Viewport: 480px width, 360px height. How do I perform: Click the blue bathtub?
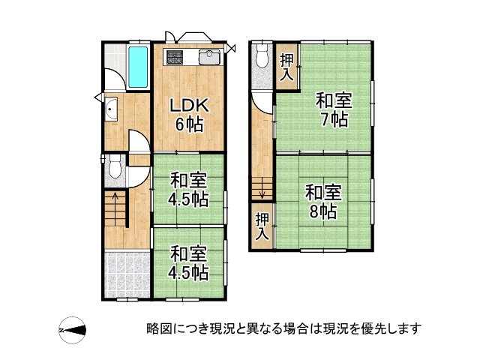138,67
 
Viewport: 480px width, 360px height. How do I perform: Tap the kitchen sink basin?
209,57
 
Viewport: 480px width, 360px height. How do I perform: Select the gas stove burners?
175,57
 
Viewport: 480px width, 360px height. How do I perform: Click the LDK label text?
190,105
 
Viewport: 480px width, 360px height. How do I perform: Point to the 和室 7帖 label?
334,109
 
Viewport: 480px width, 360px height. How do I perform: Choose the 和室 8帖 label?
323,201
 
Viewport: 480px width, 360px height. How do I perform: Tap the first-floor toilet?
115,166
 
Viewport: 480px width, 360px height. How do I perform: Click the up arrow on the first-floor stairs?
115,209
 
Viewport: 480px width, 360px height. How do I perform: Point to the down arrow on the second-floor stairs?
262,188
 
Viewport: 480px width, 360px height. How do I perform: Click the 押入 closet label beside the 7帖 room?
287,67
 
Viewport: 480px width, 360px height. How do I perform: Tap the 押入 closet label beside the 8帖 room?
262,226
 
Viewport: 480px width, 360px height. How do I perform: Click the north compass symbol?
73,330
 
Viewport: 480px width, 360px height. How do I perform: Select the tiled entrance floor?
127,274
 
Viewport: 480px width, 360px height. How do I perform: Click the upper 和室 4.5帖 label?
188,190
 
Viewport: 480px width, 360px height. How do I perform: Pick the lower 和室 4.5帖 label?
188,263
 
